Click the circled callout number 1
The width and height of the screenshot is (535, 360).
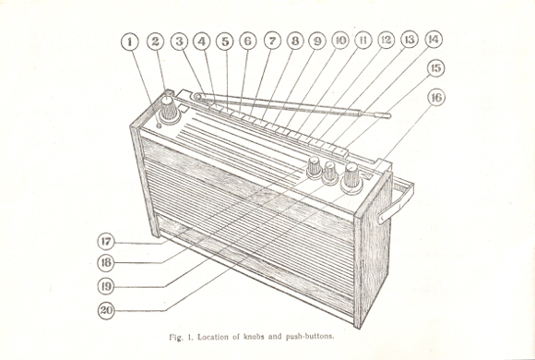[130, 42]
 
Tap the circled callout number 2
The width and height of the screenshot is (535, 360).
[155, 42]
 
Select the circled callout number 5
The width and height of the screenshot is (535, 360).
[225, 42]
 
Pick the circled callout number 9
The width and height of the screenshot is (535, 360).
[317, 42]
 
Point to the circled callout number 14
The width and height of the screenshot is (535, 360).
[434, 40]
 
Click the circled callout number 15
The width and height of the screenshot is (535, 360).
[436, 68]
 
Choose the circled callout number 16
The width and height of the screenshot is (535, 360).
[436, 98]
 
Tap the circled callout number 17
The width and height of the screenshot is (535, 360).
[106, 242]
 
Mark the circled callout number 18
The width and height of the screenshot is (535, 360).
[106, 263]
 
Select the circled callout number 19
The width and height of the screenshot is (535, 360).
[106, 286]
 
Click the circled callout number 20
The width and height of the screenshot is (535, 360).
[106, 310]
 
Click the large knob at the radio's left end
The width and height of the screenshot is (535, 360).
[169, 110]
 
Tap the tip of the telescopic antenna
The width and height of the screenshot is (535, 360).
[389, 116]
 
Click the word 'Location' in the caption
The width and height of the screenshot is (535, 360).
[213, 337]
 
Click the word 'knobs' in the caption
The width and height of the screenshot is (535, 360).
[254, 337]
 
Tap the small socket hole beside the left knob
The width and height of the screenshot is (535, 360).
[159, 126]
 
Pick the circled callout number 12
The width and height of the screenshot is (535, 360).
[386, 40]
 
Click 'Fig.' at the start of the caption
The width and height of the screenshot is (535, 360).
[175, 338]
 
